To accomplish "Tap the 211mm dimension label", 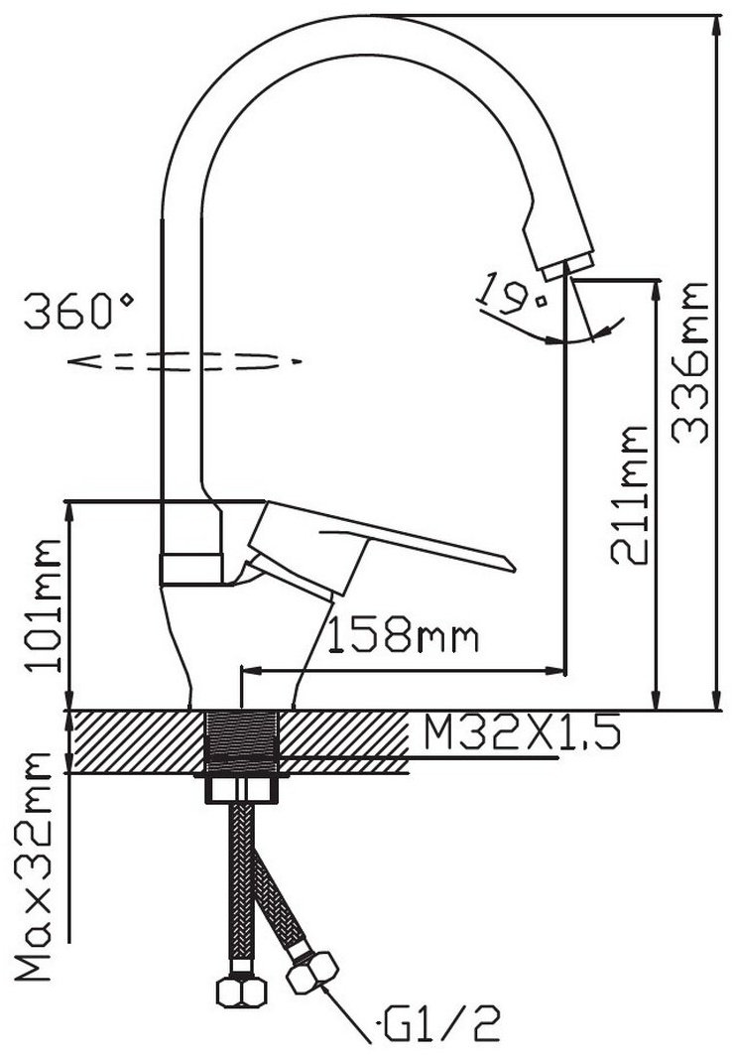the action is point(629,494).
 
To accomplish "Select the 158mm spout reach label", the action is point(403,635).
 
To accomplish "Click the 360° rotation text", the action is point(79,311).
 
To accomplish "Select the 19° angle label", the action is point(511,296).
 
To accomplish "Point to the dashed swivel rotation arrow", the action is point(183,362).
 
